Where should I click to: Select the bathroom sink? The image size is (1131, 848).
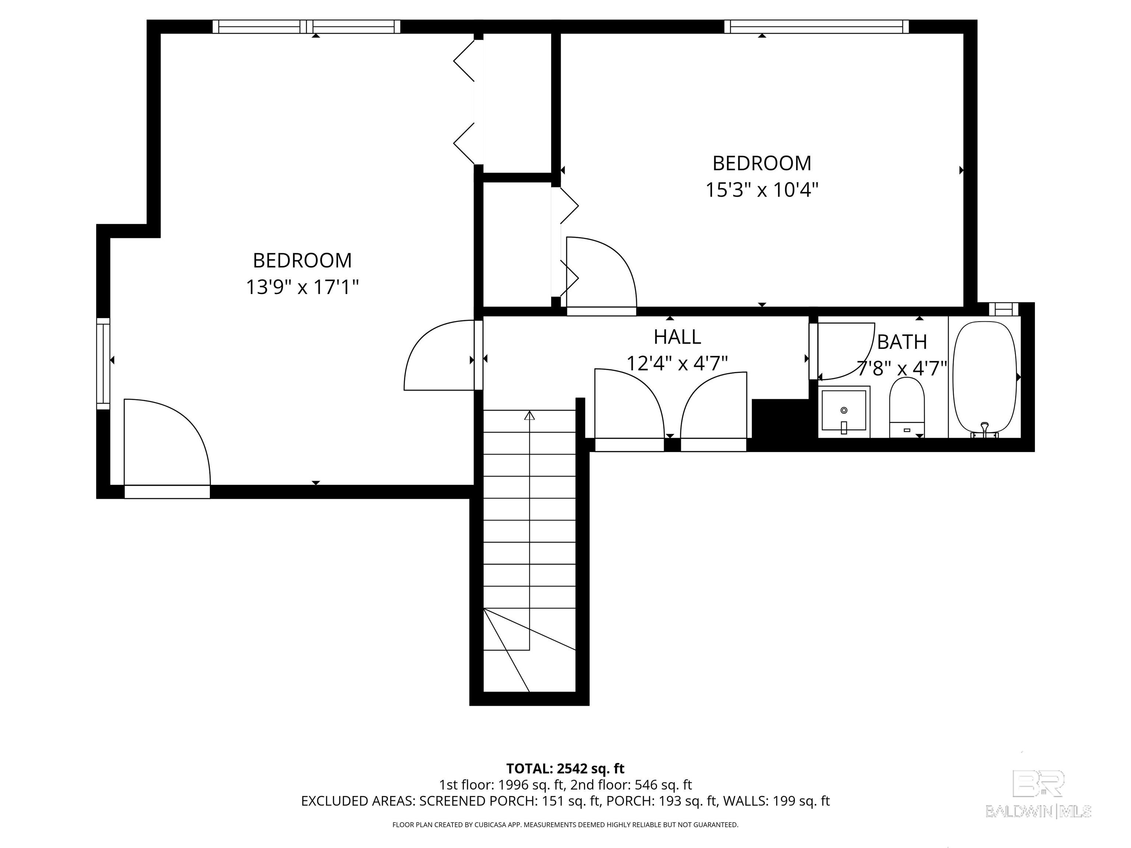click(844, 411)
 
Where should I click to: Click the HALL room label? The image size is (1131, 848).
click(677, 337)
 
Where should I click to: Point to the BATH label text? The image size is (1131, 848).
click(902, 342)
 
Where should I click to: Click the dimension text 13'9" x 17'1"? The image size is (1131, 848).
click(302, 287)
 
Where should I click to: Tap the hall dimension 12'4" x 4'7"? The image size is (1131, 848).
click(677, 363)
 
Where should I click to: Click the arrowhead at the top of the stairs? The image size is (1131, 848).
click(529, 415)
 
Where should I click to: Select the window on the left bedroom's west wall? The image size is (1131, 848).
click(103, 363)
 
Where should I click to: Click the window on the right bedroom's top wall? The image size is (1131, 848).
click(817, 26)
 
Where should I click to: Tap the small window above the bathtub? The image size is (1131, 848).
click(1004, 309)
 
